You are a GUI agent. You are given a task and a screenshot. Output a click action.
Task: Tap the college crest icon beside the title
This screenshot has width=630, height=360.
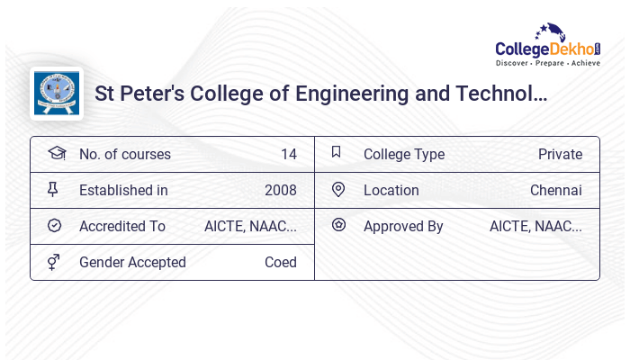click(x=57, y=94)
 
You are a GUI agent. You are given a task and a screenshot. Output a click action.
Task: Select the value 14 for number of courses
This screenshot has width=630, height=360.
click(x=288, y=154)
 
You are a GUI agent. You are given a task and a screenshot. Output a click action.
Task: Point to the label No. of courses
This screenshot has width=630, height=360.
click(x=124, y=154)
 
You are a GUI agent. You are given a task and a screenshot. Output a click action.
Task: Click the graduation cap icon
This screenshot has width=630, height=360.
click(x=57, y=153)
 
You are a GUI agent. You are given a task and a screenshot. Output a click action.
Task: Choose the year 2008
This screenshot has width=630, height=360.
click(x=281, y=190)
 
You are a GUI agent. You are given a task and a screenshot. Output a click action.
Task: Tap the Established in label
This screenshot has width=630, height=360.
click(x=123, y=190)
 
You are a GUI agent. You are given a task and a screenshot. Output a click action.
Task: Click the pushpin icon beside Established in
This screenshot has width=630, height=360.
click(x=52, y=189)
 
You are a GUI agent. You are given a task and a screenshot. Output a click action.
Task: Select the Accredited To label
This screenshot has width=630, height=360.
click(x=122, y=226)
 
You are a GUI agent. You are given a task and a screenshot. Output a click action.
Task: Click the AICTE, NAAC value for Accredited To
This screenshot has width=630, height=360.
click(x=250, y=226)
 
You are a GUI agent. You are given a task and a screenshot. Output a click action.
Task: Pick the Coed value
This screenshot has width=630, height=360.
click(x=281, y=262)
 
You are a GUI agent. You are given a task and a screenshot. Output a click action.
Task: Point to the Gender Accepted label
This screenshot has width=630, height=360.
click(x=132, y=262)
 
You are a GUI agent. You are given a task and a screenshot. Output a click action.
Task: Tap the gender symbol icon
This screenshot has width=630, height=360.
click(x=54, y=261)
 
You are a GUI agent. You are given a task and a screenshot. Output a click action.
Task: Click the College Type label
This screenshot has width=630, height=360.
click(x=404, y=154)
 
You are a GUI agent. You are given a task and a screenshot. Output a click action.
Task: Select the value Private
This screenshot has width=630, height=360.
click(x=560, y=154)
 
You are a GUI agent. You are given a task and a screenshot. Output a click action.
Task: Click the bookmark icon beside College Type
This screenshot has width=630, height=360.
click(x=336, y=152)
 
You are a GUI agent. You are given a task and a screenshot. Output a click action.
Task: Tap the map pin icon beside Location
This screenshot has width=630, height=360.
click(x=338, y=189)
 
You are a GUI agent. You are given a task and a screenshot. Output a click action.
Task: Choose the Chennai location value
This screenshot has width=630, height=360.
click(x=556, y=190)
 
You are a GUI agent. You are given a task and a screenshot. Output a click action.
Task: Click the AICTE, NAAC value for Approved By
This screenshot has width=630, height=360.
click(x=535, y=226)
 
